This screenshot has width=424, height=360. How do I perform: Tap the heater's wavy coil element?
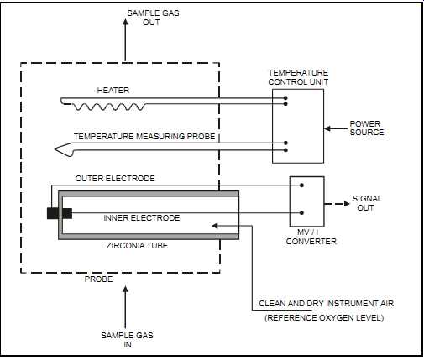pyautogui.click(x=109, y=107)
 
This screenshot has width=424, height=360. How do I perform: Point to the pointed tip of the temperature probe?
pyautogui.click(x=55, y=149)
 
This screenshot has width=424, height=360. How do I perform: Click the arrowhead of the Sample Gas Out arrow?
pyautogui.click(x=125, y=23)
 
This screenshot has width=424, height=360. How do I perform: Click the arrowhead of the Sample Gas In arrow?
pyautogui.click(x=125, y=290)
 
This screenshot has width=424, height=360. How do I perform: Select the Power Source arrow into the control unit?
pyautogui.click(x=336, y=128)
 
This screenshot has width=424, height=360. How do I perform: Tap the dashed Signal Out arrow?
pyautogui.click(x=338, y=204)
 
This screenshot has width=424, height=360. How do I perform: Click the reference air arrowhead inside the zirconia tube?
pyautogui.click(x=215, y=226)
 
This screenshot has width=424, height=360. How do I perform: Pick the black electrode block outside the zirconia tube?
pyautogui.click(x=53, y=213)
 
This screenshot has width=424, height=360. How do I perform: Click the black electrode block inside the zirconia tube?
pyautogui.click(x=67, y=213)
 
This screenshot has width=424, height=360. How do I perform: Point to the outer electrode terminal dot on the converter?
pyautogui.click(x=301, y=185)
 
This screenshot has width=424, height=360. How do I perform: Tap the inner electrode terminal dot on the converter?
pyautogui.click(x=301, y=213)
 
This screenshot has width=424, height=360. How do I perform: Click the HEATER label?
pyautogui.click(x=113, y=91)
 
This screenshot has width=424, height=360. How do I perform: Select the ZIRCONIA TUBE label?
pyautogui.click(x=137, y=246)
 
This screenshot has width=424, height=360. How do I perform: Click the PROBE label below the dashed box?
pyautogui.click(x=99, y=279)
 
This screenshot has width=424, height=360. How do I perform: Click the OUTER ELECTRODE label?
pyautogui.click(x=115, y=179)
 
